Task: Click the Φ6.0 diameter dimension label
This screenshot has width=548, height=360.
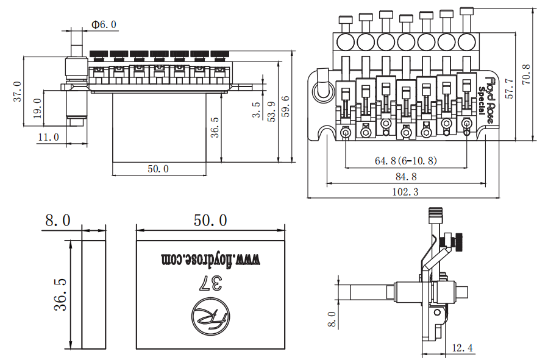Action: click(104, 24)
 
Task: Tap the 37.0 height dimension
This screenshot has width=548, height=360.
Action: click(18, 91)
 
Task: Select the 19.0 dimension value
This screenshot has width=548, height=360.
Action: click(38, 108)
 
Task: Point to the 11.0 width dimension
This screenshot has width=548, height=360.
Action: click(49, 137)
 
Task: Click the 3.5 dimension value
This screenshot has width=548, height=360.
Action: click(257, 110)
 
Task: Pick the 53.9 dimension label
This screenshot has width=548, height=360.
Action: click(271, 111)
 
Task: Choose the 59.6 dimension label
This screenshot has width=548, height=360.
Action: click(285, 107)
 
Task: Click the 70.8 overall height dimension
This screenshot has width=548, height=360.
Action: click(526, 74)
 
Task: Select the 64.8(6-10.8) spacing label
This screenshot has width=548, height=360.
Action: click(406, 161)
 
